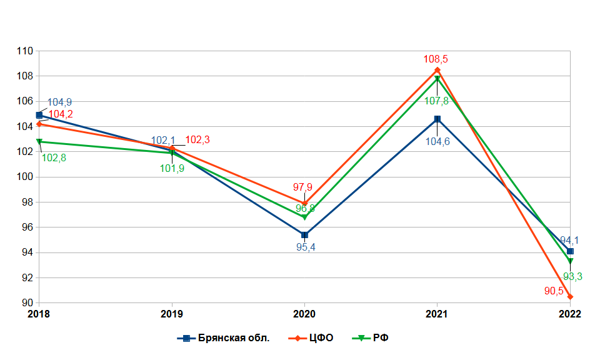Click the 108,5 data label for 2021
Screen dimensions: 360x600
[437, 59]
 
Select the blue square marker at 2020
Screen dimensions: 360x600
[304, 235]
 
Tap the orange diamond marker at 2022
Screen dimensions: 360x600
[570, 296]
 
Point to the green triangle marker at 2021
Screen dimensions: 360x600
[437, 79]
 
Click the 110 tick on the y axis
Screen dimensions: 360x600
[24, 51]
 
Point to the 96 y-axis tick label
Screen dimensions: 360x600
[27, 227]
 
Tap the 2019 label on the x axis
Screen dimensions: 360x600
[172, 314]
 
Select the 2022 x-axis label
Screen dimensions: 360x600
[570, 314]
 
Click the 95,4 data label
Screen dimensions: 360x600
[304, 247]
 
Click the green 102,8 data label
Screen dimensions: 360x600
[54, 158]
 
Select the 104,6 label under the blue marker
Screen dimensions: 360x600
[437, 142]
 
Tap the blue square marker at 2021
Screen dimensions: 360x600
[437, 119]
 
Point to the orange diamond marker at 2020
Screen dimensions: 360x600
[304, 203]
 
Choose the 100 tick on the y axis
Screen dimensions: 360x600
[24, 177]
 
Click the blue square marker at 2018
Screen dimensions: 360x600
[39, 115]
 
